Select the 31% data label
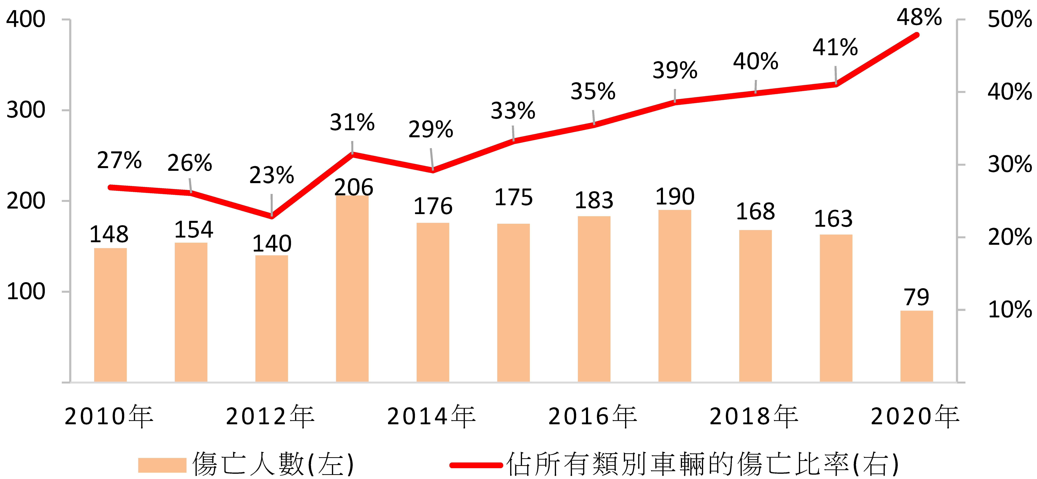[x=352, y=122]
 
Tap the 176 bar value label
[x=433, y=206]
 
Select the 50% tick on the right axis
[x=1010, y=19]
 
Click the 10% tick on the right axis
[x=1010, y=310]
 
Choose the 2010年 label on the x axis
[x=109, y=416]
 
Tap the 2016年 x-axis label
[x=593, y=416]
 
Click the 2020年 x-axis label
[x=915, y=416]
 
